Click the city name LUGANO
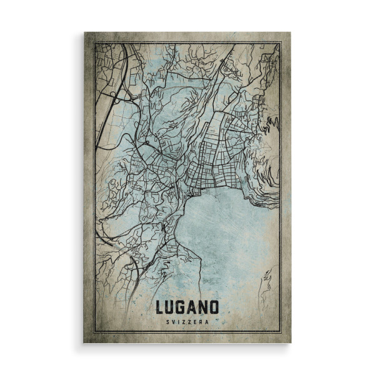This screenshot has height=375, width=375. pyautogui.click(x=187, y=307)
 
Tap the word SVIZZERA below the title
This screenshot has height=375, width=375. pyautogui.click(x=187, y=321)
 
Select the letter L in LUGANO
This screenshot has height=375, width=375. pyautogui.click(x=160, y=307)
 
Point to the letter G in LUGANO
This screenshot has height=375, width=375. pyautogui.click(x=182, y=307)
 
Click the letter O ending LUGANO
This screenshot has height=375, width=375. pyautogui.click(x=214, y=307)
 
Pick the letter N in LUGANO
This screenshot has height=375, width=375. pyautogui.click(x=203, y=307)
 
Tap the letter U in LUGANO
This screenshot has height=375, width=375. pyautogui.click(x=171, y=307)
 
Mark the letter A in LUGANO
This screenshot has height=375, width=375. pyautogui.click(x=192, y=307)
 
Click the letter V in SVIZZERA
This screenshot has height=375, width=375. pyautogui.click(x=174, y=321)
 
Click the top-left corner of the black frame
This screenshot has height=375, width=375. pyautogui.click(x=94, y=43)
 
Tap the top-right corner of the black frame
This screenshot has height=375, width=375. pyautogui.click(x=280, y=43)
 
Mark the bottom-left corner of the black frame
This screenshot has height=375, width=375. pyautogui.click(x=94, y=332)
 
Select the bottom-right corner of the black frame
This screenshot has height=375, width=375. pyautogui.click(x=280, y=332)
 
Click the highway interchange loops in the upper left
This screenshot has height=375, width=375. pyautogui.click(x=116, y=94)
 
